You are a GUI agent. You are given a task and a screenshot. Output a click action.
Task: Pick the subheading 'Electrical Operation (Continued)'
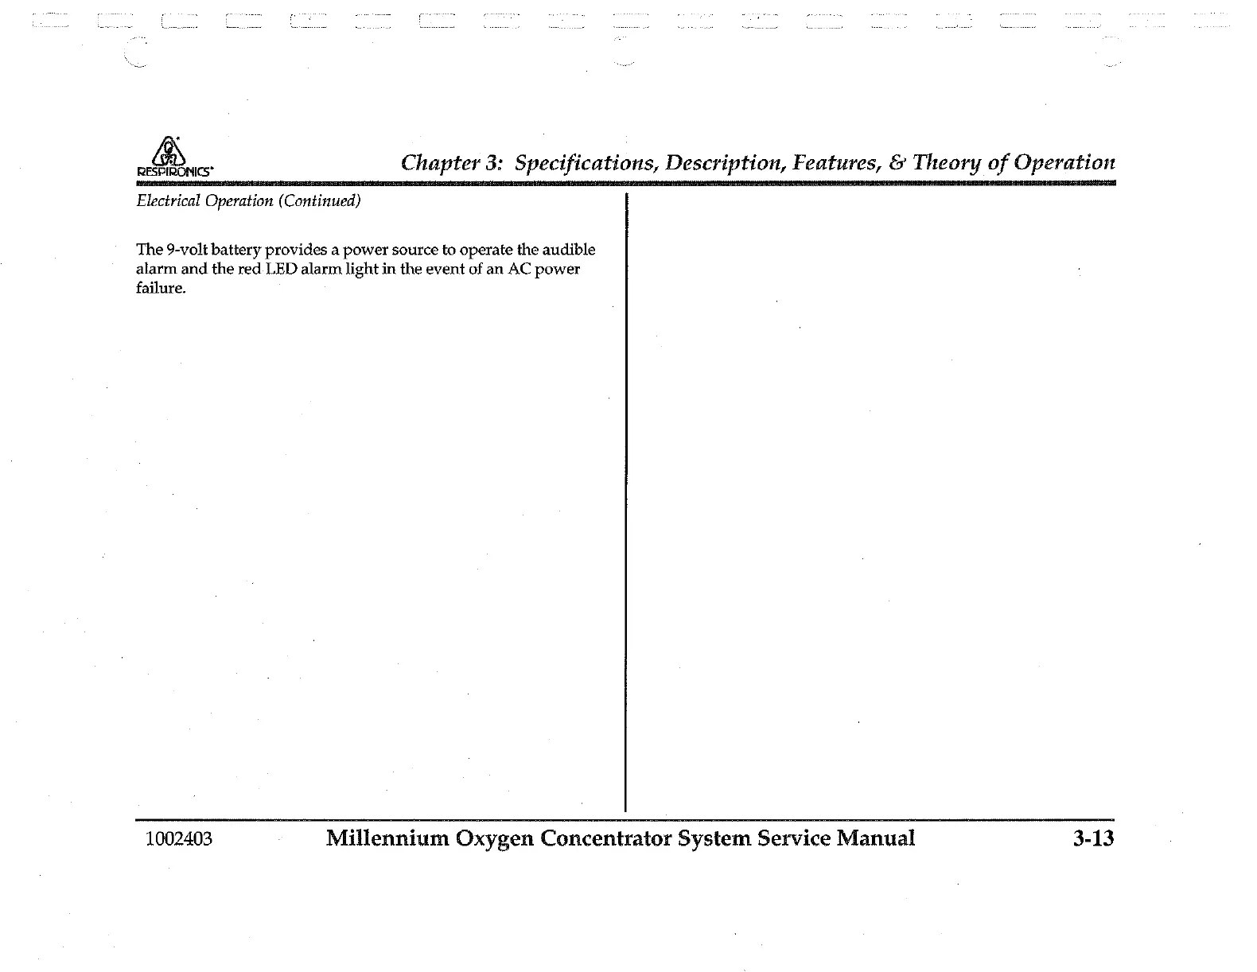(x=248, y=200)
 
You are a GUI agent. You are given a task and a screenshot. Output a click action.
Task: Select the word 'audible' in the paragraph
(x=569, y=250)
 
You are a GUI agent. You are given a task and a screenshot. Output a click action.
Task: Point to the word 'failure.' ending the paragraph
(x=161, y=288)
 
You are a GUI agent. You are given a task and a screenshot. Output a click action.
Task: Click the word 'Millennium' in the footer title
(x=387, y=838)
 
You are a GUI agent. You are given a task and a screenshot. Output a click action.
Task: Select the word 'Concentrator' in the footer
(x=606, y=838)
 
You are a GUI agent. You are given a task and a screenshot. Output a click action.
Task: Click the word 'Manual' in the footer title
(x=874, y=838)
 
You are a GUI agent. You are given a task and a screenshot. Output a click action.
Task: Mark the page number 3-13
(x=1092, y=838)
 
